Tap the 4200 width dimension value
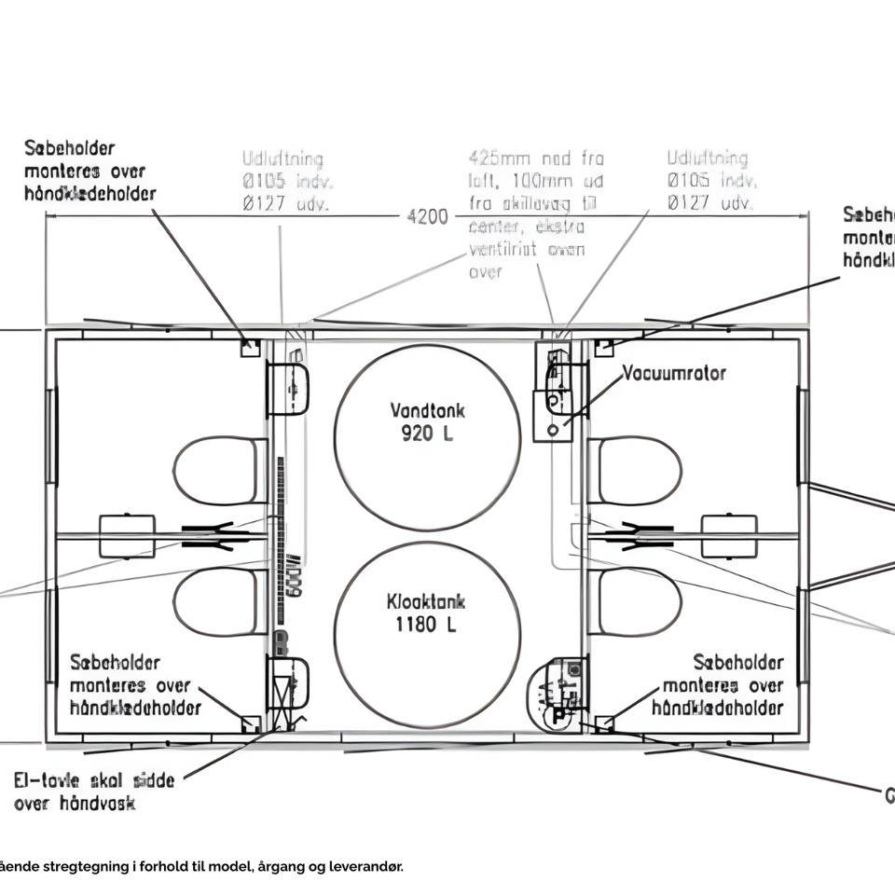coord(428,217)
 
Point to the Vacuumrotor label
coord(674,373)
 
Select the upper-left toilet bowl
coord(216,471)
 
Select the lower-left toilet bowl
coord(216,602)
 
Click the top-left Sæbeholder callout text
coord(89,171)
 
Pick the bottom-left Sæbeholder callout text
coord(134,685)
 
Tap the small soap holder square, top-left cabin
coord(249,348)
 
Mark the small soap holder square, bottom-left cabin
coord(249,723)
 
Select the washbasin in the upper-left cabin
coord(288,389)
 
